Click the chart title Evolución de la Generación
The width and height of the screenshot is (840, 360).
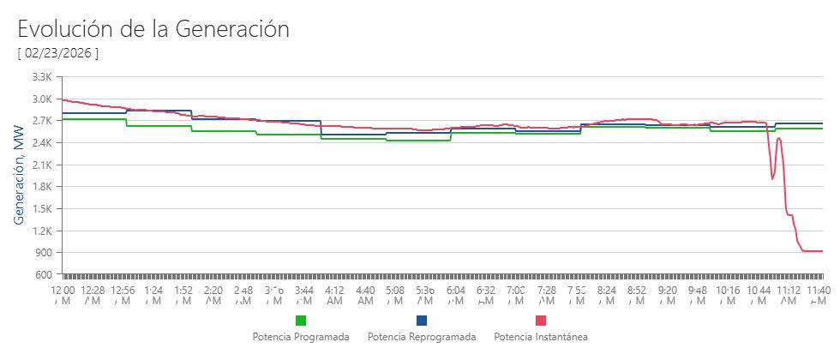pos(153,28)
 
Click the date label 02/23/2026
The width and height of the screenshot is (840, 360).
pos(58,53)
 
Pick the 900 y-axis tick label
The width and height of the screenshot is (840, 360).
pos(45,253)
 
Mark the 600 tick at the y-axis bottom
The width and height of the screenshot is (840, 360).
pos(45,274)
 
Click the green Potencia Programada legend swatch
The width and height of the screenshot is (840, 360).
pos(301,321)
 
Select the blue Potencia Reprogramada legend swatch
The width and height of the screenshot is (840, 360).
pos(422,321)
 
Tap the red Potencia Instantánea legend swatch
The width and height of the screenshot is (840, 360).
pos(541,321)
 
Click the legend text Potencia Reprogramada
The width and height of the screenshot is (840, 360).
pos(422,337)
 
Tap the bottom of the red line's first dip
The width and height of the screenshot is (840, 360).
pos(772,178)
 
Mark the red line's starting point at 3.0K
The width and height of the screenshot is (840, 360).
pos(64,99)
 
